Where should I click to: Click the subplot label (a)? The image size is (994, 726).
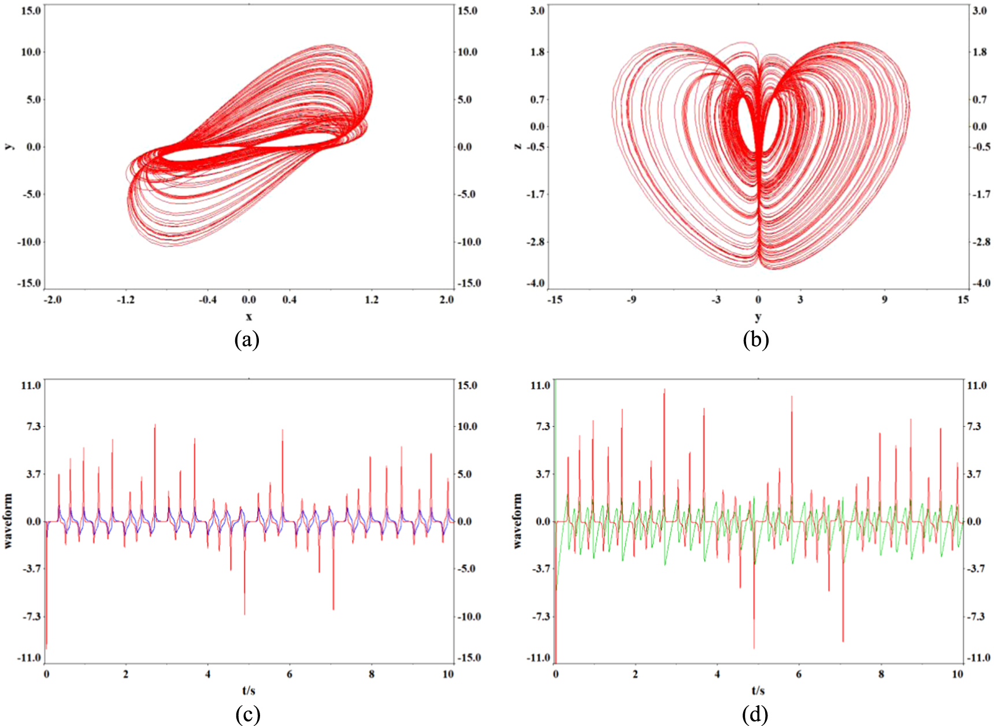pos(247,339)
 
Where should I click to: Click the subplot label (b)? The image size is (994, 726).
pos(755,339)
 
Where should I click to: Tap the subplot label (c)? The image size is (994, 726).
pos(247,714)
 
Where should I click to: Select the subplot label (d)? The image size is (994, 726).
pos(755,714)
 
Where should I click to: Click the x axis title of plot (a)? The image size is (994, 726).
pos(248,317)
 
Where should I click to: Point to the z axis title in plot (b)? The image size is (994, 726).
pos(518,146)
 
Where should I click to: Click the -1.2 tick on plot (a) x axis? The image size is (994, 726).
pos(125,300)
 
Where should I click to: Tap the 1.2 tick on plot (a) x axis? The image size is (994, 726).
pos(372,300)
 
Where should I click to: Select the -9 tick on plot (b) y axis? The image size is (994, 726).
pos(632,300)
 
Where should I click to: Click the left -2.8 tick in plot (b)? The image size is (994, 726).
pos(535,242)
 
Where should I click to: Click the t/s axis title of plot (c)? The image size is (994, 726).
pos(248,690)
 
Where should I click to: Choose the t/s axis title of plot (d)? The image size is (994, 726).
pos(758,690)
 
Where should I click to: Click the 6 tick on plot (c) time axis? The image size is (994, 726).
pos(290,674)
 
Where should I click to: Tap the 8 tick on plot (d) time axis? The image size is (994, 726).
pos(881,674)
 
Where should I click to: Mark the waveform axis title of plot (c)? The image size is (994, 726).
pos(8,521)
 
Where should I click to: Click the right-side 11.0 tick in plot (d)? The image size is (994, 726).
pos(977,385)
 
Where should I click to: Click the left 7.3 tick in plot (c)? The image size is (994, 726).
pos(31,426)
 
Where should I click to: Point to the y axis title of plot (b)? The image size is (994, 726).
pos(758,317)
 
